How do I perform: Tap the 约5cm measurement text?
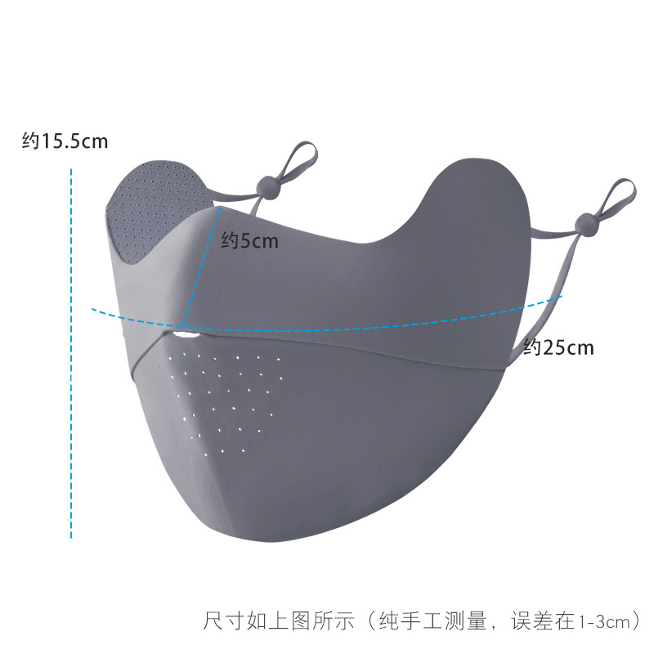pyautogui.click(x=250, y=241)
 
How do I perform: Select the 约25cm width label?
pyautogui.click(x=558, y=347)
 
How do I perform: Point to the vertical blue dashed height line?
pyautogui.click(x=72, y=352)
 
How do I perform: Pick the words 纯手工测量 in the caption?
pyautogui.click(x=434, y=621)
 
